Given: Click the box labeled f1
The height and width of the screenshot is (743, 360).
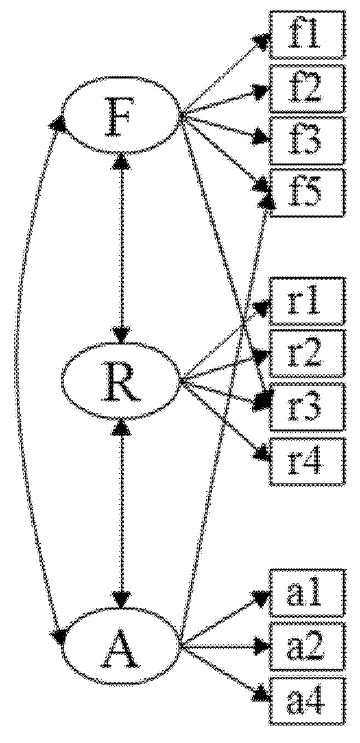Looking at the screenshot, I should [305, 40].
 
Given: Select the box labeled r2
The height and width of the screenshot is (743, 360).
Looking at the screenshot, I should [305, 352].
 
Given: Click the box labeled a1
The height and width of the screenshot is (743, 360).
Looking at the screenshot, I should [305, 594].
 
